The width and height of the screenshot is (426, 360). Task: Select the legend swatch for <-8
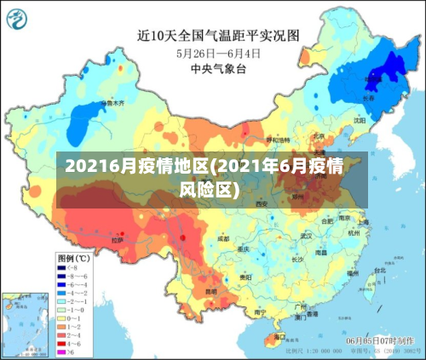pos(63,268)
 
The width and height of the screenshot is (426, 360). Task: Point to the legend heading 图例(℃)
pos(74,257)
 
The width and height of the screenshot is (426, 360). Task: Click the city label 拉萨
pos(117,239)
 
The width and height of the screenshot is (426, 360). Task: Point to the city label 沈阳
pos(359,121)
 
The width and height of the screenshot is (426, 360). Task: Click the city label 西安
pos(262,204)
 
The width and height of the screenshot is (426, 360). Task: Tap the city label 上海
pos(363,223)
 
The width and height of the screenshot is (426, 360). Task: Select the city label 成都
pos(222,239)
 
